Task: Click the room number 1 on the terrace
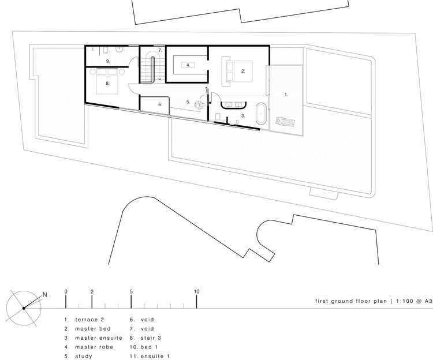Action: tap(285, 93)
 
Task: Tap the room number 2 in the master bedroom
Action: tap(244, 72)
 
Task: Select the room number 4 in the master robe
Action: tap(188, 66)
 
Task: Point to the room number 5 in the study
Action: tap(188, 102)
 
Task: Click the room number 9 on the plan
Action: tap(107, 60)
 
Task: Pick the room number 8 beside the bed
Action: tap(107, 84)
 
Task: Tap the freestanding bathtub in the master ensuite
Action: tap(261, 114)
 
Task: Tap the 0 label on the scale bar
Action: tap(66, 291)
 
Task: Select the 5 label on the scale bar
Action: tap(132, 291)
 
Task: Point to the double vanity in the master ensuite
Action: tap(234, 105)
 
